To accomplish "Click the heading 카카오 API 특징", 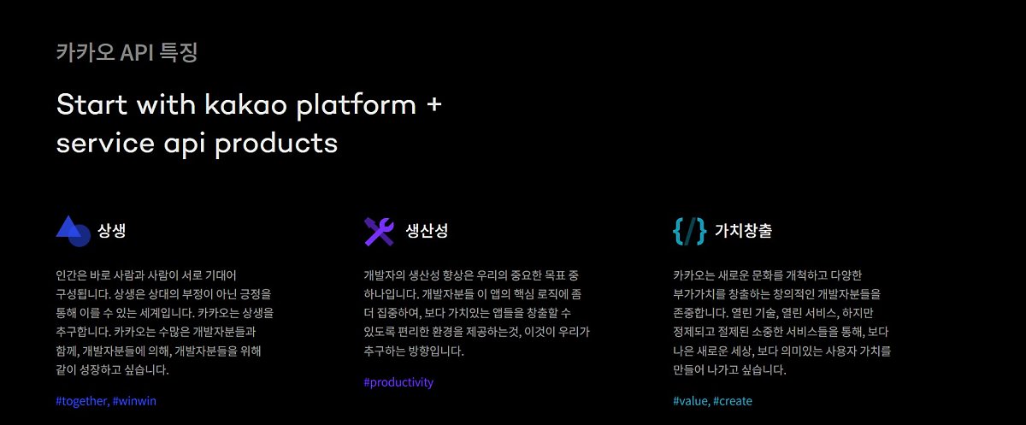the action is [x=127, y=52].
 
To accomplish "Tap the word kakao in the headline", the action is [x=245, y=104].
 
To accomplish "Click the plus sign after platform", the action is [x=433, y=104].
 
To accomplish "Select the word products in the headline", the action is [x=276, y=144].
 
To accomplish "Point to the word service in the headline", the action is [x=105, y=144].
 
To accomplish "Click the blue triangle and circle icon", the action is [x=74, y=231].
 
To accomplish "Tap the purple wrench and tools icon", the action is [x=380, y=231].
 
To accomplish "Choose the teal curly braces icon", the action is [x=689, y=231].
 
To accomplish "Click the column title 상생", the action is [x=112, y=230].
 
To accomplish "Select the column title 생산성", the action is [x=427, y=230].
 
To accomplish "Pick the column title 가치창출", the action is [x=743, y=230].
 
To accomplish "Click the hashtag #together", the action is [x=82, y=401].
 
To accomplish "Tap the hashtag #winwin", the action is [x=134, y=401].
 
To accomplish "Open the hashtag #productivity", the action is [x=398, y=382].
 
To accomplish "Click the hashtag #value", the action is [x=692, y=401].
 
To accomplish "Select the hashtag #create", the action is [x=733, y=401].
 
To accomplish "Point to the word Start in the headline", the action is [x=91, y=104].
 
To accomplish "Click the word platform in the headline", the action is [x=357, y=105].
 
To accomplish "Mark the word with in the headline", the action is [x=166, y=104].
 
